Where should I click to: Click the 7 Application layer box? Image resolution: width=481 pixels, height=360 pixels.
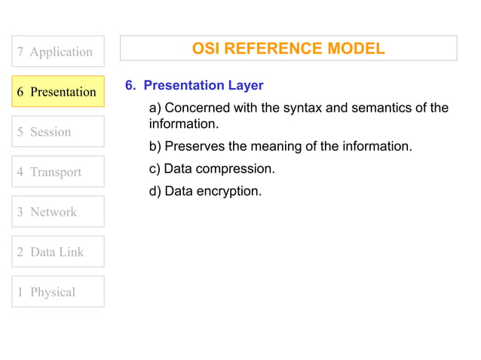pyautogui.click(x=58, y=51)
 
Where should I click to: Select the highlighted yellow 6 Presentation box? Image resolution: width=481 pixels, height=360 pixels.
pyautogui.click(x=58, y=92)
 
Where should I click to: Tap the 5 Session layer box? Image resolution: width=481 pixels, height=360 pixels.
pyautogui.click(x=58, y=132)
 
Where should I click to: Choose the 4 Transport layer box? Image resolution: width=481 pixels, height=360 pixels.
pyautogui.click(x=58, y=172)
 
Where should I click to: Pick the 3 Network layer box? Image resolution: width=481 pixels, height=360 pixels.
pyautogui.click(x=58, y=212)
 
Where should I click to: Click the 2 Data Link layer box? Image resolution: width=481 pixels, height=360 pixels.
pyautogui.click(x=58, y=252)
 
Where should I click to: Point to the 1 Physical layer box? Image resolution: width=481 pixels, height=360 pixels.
pyautogui.click(x=58, y=291)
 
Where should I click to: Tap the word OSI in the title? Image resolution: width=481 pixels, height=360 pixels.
pyautogui.click(x=206, y=49)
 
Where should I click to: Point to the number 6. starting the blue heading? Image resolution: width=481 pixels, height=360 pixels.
pyautogui.click(x=130, y=85)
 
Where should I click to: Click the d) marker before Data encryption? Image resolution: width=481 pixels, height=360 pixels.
pyautogui.click(x=155, y=191)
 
